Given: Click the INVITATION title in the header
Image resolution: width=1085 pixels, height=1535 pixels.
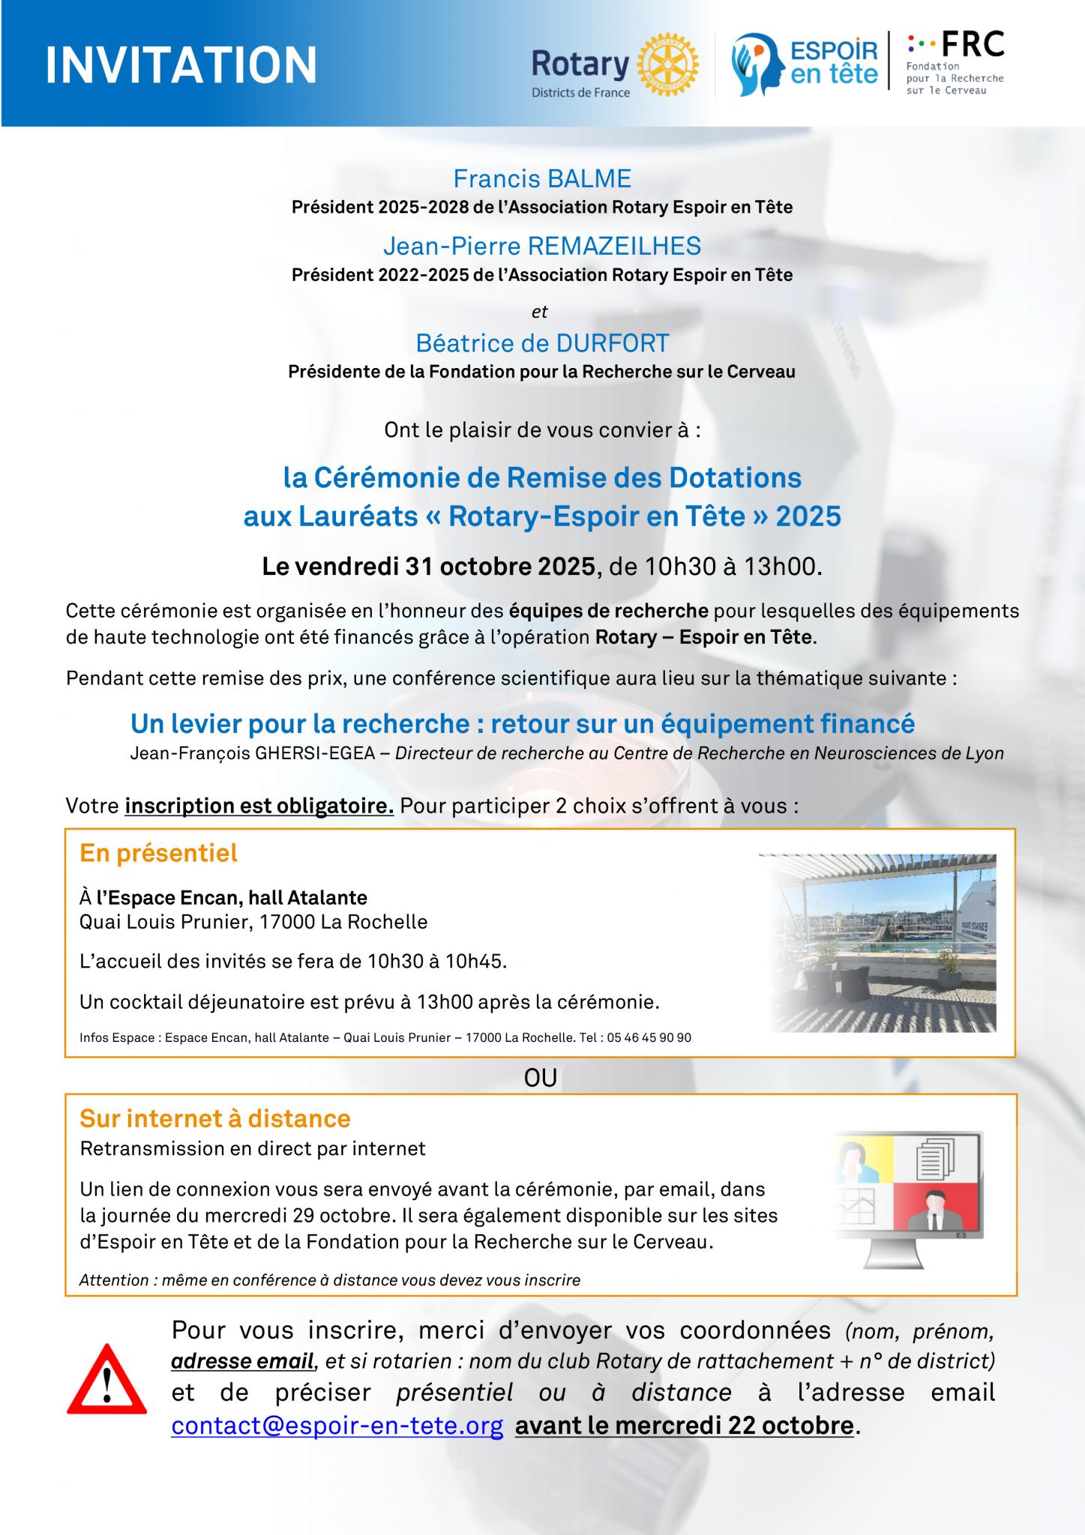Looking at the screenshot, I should coord(181,64).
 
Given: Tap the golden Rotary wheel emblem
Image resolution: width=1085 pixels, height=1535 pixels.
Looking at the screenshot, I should coord(667,64).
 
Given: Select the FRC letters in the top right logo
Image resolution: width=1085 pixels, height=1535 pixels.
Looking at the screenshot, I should coord(972,45).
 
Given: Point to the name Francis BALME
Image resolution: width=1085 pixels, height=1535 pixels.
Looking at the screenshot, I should coord(542,178).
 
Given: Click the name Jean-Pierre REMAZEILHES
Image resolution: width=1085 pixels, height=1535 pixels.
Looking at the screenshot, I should coord(542,246).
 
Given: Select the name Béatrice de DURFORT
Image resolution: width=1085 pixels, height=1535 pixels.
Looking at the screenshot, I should coord(542,343).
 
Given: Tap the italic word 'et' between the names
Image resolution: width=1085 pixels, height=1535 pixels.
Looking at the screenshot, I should coord(540,312).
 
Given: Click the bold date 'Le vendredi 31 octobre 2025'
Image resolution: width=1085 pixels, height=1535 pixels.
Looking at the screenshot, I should coord(428,567).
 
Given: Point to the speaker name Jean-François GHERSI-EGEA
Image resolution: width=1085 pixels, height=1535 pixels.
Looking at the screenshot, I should coord(253,753).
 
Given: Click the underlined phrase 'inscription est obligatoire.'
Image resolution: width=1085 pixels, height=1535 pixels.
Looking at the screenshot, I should coord(259,806).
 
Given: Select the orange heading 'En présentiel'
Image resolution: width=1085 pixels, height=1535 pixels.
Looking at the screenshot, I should coord(158,853).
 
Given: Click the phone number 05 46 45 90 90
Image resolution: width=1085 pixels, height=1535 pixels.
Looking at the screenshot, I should coord(649,1038).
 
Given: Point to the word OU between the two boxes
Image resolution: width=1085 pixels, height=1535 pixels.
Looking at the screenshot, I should coord(541,1078).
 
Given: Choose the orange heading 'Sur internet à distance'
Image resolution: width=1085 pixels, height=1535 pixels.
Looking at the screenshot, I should coord(215,1118).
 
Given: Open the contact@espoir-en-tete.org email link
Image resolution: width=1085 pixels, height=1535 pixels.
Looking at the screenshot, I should coord(337,1425).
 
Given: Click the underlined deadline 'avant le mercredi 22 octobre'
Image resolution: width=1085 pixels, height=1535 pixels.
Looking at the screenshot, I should coord(684,1425).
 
